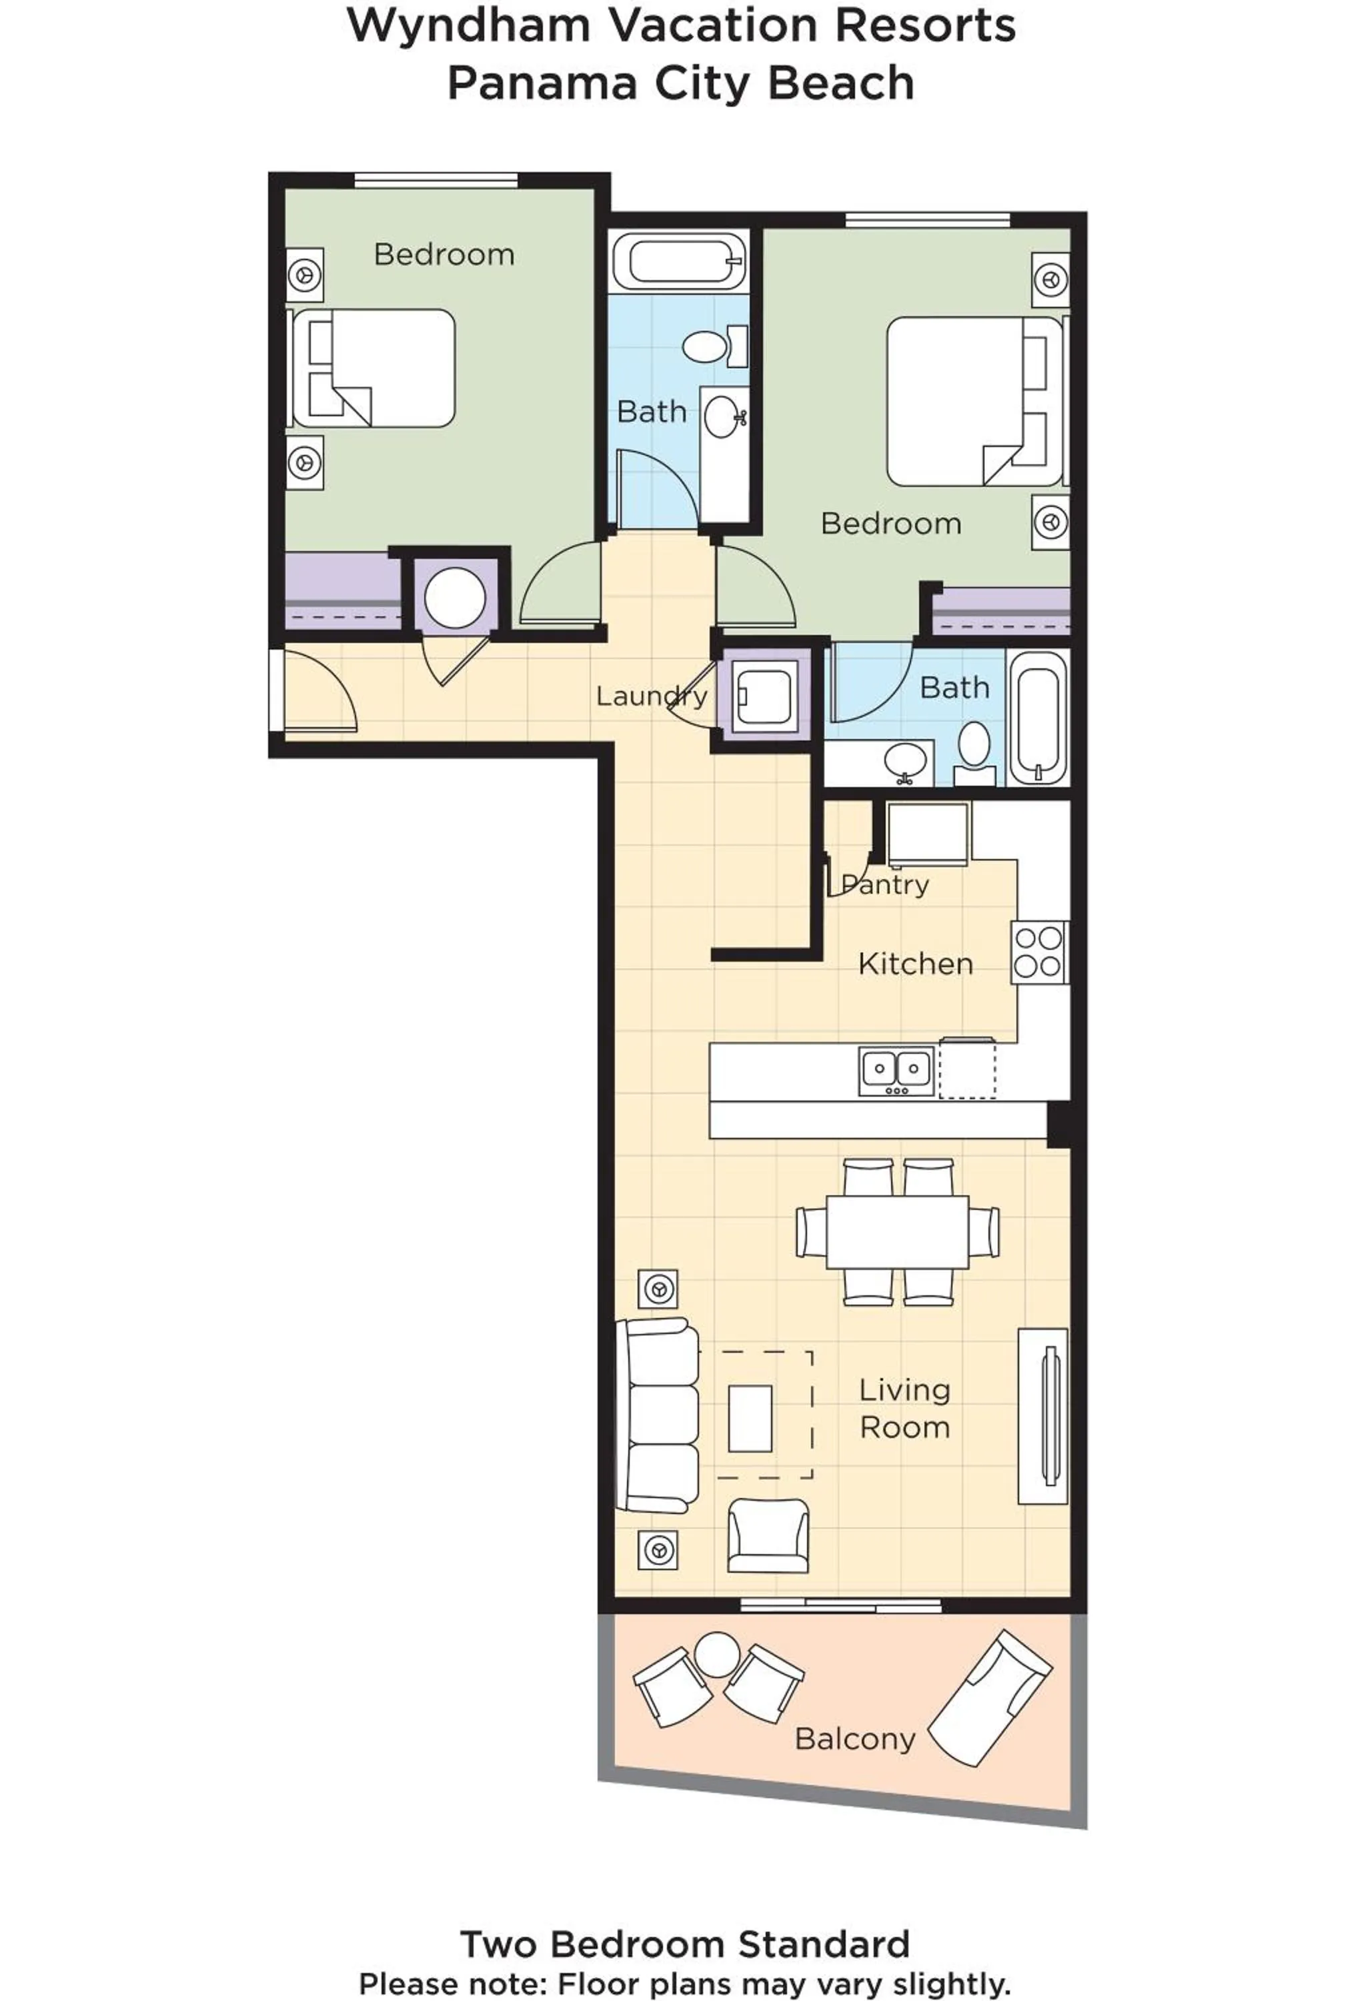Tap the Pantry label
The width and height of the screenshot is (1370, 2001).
click(885, 884)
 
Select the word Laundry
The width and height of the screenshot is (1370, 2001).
click(651, 696)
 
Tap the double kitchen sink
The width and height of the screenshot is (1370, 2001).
click(896, 1071)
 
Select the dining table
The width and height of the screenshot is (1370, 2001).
click(896, 1231)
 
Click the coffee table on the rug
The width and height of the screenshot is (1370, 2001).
click(749, 1418)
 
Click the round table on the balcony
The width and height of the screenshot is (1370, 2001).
click(716, 1654)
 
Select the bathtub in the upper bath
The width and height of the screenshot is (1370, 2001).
click(678, 261)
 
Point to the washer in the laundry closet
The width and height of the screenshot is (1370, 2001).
click(764, 696)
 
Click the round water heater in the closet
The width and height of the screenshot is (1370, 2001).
click(455, 597)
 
